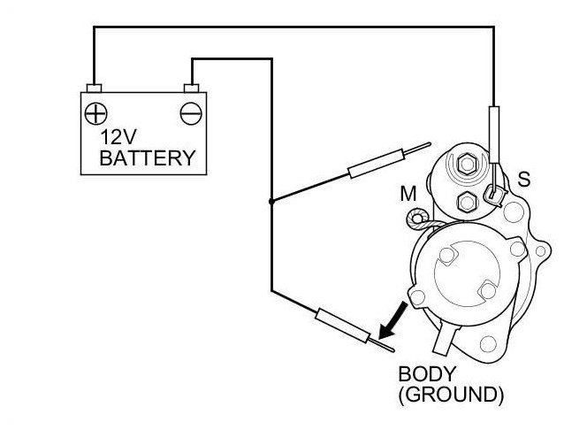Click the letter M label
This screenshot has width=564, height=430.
point(408,191)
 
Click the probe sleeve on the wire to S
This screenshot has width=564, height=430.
point(493,128)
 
